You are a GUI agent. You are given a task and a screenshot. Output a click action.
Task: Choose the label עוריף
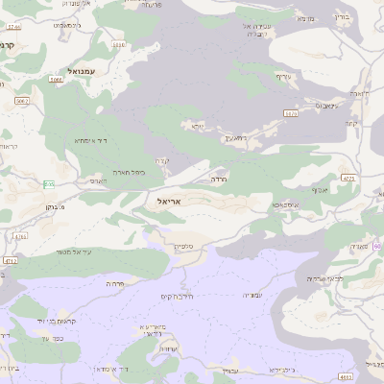[283, 76]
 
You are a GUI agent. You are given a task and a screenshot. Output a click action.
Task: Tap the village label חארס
[98, 180]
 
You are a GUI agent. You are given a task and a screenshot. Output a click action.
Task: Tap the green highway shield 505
[49, 183]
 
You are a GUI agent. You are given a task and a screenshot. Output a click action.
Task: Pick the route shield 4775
[348, 178]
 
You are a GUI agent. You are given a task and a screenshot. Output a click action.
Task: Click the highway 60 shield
[377, 247]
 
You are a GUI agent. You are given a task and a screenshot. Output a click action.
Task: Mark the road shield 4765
[20, 233]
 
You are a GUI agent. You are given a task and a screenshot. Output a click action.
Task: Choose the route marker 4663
[345, 377]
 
